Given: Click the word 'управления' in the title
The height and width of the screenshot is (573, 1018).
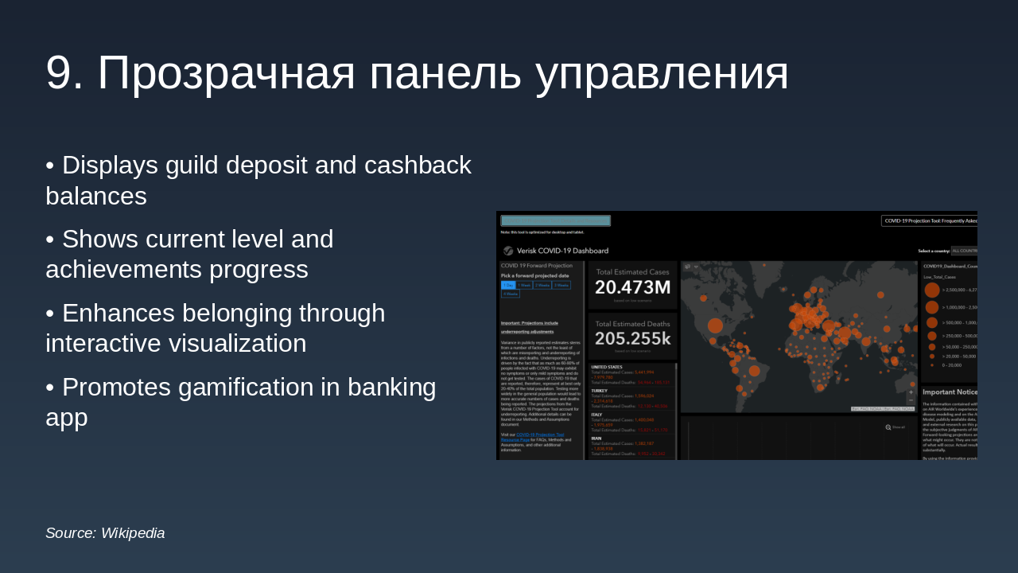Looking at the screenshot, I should [x=662, y=73].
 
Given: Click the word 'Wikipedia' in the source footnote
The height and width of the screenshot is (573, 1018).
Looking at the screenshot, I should [x=133, y=533].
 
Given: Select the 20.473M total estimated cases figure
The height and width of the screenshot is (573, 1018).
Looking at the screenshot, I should [x=632, y=287].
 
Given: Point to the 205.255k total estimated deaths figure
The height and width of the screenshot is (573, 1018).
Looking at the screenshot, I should [x=632, y=338].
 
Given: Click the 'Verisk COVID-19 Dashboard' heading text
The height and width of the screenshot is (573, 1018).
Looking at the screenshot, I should [x=562, y=251].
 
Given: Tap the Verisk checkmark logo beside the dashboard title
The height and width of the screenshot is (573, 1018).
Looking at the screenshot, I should [x=508, y=251].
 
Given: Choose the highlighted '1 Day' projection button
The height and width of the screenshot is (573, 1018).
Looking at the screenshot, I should [x=507, y=285].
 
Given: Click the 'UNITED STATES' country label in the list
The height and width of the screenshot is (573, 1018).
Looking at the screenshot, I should [x=606, y=367].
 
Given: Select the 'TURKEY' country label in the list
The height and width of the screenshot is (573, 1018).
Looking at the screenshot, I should [x=599, y=391].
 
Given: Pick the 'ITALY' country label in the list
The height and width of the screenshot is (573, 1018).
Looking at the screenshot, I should [x=596, y=415].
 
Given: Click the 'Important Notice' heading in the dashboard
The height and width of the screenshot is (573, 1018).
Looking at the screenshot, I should [x=950, y=392].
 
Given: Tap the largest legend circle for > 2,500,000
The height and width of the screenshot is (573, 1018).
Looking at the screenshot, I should [x=931, y=290].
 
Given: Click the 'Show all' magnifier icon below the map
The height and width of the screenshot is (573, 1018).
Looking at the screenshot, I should [x=888, y=427].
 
